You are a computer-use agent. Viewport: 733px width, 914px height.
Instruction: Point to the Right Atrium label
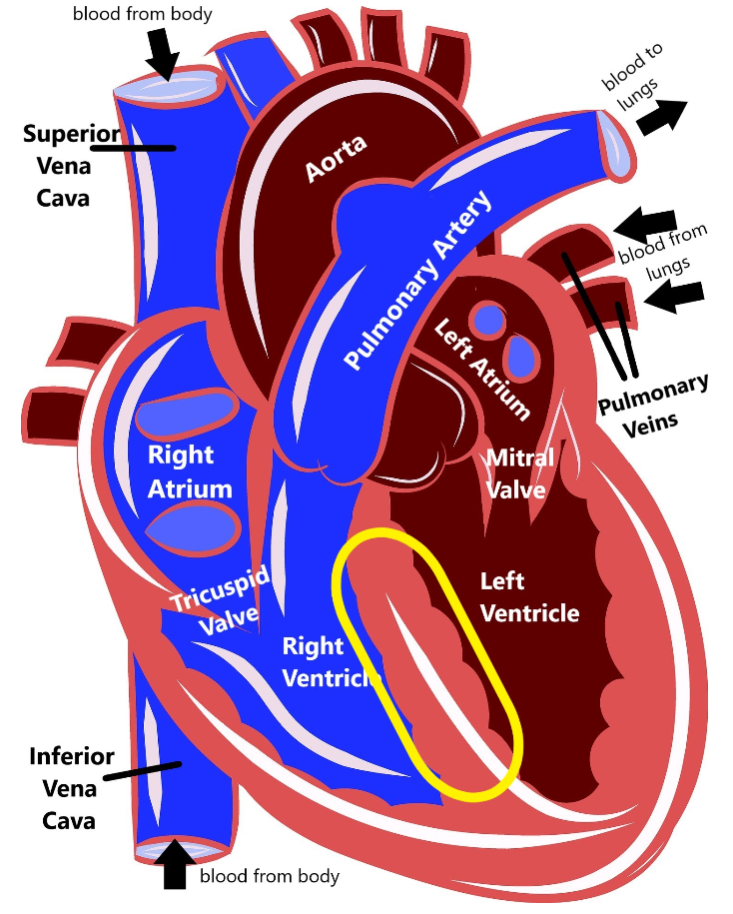190,471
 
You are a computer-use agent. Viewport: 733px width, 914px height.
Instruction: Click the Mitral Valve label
518,473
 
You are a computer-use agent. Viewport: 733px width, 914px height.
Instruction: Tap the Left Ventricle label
529,596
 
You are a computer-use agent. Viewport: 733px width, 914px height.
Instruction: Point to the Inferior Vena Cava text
70,788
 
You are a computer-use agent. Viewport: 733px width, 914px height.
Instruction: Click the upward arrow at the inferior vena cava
176,865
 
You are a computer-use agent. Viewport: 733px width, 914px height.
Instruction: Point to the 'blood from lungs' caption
662,245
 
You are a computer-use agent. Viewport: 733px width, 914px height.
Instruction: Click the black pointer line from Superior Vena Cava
136,148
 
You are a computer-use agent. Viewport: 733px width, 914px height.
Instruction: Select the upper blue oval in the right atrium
187,412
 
